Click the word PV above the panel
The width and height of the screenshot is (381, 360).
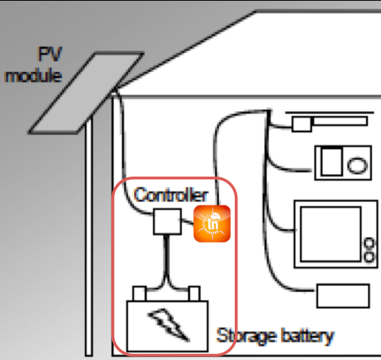pos(50,54)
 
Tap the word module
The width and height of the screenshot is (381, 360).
pos(33,76)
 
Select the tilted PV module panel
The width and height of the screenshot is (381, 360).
pos(86,93)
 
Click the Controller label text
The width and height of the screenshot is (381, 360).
pos(171,195)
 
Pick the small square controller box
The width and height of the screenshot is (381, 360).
pos(167,221)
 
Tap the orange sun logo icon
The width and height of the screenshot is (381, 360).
pos(212,224)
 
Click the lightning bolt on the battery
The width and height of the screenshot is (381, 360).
pos(168,324)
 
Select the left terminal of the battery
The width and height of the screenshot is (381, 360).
pos(139,293)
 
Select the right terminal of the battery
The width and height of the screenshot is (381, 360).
pos(195,293)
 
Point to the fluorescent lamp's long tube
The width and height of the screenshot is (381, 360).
pos(340,121)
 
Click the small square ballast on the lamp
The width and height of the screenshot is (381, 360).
pos(301,124)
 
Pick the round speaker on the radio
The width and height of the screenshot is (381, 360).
pos(358,165)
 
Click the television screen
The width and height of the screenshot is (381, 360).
pos(331,234)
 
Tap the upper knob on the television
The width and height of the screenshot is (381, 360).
pos(370,243)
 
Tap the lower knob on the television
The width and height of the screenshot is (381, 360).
pos(370,257)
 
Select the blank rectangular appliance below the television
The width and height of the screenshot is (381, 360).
pos(343,296)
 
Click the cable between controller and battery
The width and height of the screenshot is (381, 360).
pos(166,260)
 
